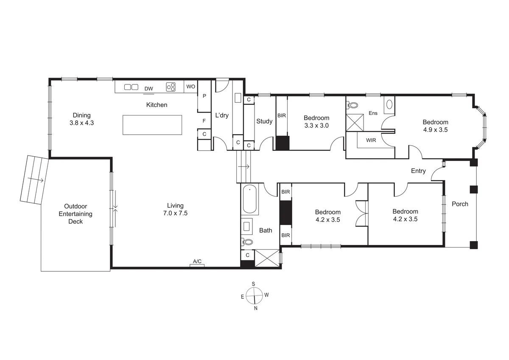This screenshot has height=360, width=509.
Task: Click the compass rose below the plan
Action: click(x=254, y=294)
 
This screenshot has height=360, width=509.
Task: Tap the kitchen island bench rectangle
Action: click(x=152, y=125)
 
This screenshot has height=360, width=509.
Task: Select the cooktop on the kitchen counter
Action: click(x=171, y=87)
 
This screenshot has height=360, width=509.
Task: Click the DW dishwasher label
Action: click(x=148, y=89)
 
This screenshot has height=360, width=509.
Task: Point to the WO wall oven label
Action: click(x=191, y=87)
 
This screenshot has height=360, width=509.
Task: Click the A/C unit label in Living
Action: click(x=197, y=262)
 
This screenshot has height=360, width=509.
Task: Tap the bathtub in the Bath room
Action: click(x=250, y=200)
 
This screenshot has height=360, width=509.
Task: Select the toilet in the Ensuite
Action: click(x=352, y=105)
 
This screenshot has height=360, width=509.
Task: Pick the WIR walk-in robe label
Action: click(x=371, y=140)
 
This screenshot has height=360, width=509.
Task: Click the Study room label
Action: click(x=264, y=121)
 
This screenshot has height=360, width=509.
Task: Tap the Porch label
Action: click(x=460, y=204)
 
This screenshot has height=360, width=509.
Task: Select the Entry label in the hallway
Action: click(x=418, y=171)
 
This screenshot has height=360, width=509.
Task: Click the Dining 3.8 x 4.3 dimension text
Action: click(x=81, y=123)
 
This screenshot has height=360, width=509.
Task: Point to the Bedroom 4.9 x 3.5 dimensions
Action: click(x=435, y=130)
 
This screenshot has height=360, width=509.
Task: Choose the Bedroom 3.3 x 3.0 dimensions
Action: click(x=316, y=125)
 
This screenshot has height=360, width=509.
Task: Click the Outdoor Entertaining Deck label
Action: click(x=76, y=214)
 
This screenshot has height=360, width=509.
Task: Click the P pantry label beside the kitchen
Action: click(x=204, y=96)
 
